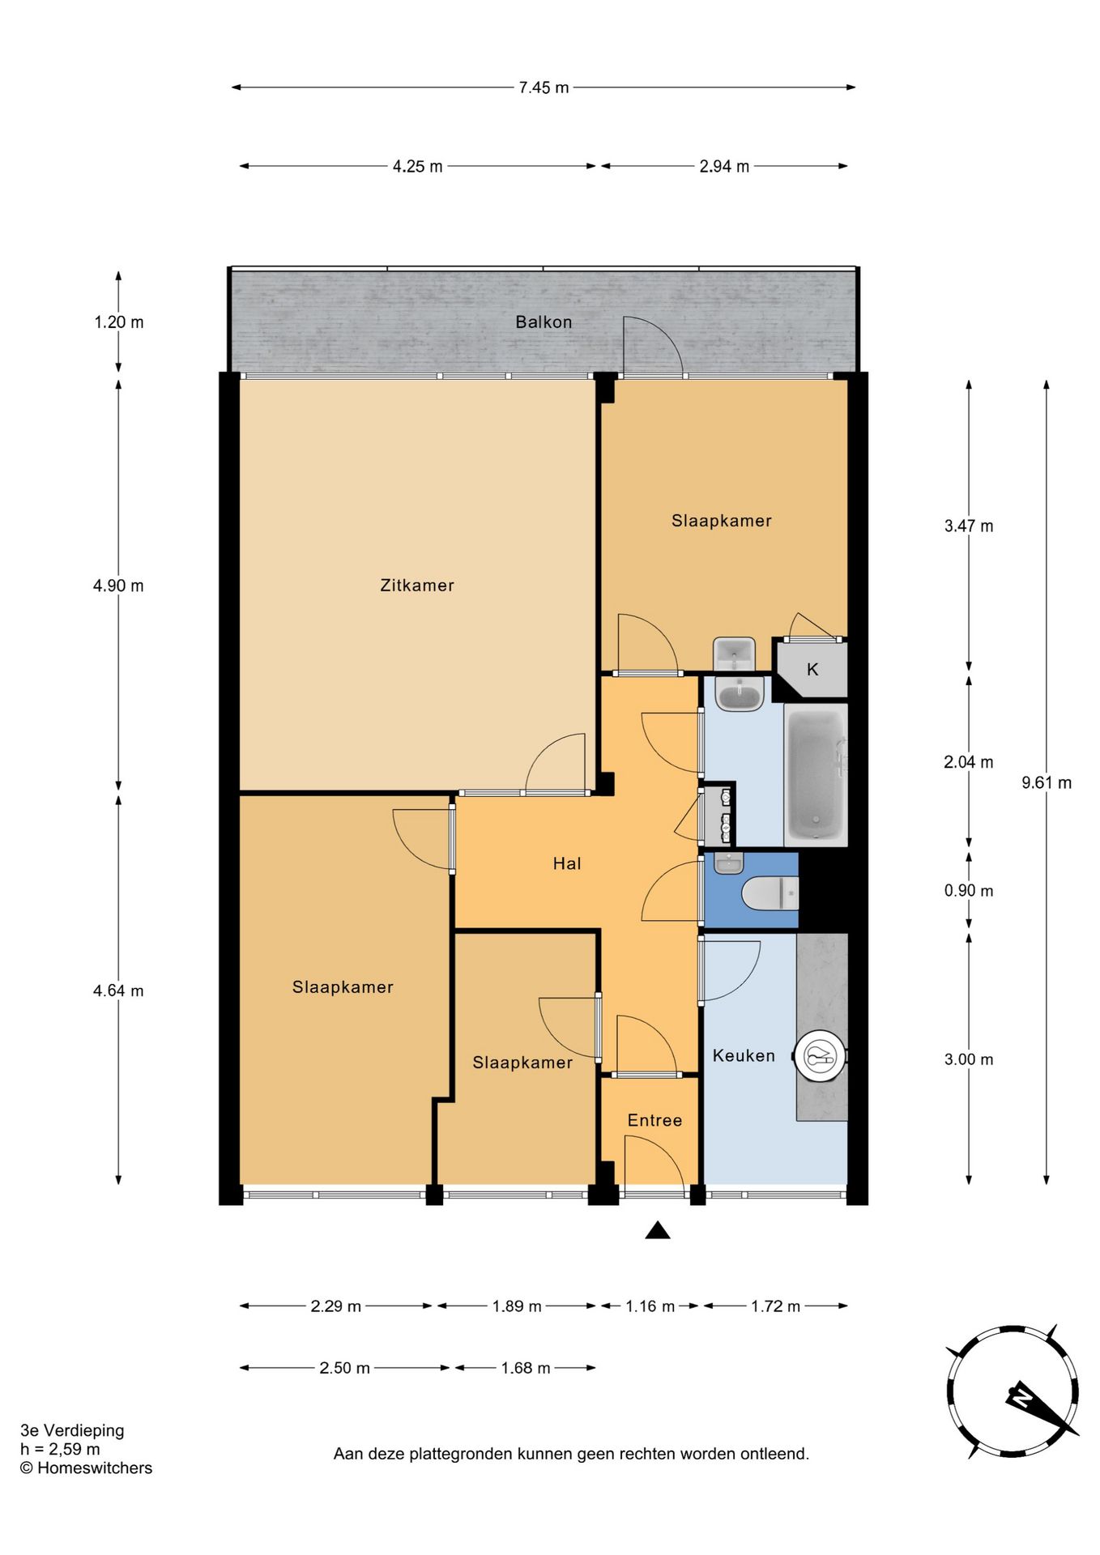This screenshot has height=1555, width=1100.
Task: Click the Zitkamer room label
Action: click(x=417, y=585)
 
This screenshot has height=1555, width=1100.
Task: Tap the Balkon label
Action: click(x=544, y=322)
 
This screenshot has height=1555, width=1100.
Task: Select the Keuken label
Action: click(x=744, y=1055)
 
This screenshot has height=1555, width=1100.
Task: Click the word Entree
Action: click(x=654, y=1120)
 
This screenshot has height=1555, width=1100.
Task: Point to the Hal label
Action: click(x=567, y=863)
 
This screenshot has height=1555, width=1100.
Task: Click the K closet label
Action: click(x=812, y=670)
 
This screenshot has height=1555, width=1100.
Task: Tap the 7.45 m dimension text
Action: click(x=544, y=87)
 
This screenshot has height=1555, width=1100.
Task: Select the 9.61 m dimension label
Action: click(x=1047, y=782)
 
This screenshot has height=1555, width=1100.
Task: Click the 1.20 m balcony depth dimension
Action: click(x=119, y=322)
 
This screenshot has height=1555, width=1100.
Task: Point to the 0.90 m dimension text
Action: click(x=969, y=891)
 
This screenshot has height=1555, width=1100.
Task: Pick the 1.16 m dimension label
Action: click(x=650, y=1306)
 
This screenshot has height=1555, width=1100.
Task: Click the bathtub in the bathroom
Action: click(x=816, y=775)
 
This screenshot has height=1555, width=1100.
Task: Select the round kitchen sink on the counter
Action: click(x=821, y=1054)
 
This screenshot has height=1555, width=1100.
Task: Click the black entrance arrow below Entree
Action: click(x=658, y=1230)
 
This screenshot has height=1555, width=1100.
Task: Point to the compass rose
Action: click(x=1013, y=1392)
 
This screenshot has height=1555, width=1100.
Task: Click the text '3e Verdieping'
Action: click(x=72, y=1430)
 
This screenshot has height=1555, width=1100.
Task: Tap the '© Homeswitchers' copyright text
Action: click(x=86, y=1468)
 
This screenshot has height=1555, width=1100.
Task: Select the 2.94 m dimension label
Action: click(x=724, y=166)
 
